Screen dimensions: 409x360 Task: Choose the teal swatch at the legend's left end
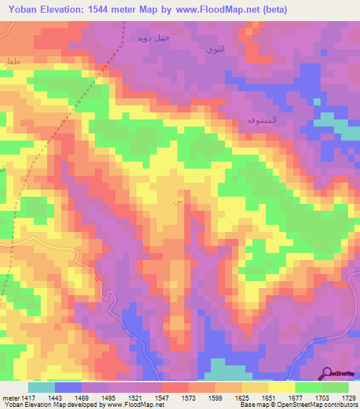pos(41,387)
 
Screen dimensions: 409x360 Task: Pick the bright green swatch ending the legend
pos(335,387)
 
